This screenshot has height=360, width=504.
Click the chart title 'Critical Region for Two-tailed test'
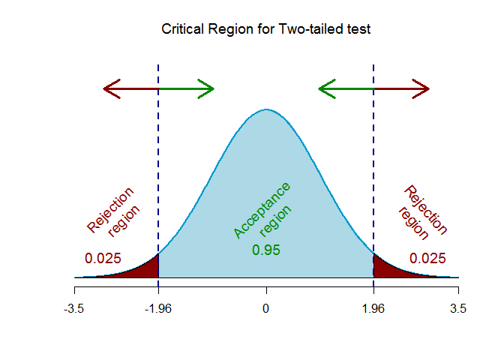coord(266,30)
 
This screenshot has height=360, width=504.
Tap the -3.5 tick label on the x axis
coord(74,308)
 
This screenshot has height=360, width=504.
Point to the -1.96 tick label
coord(158,308)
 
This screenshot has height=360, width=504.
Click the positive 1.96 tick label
coord(373,308)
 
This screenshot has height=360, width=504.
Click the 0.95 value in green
coord(266,250)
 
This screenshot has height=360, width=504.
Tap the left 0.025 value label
coord(103,259)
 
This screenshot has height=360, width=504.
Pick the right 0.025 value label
coord(427,259)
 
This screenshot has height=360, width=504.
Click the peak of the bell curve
coord(266,110)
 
